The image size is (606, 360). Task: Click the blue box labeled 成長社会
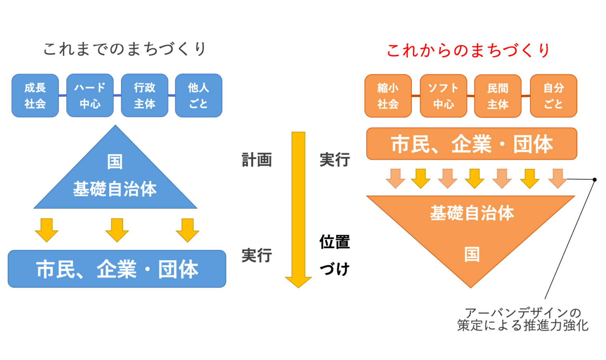[35, 96]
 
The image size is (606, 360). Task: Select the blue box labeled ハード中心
[90, 96]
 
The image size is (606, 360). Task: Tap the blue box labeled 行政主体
[144, 96]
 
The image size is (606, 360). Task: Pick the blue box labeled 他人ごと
[199, 96]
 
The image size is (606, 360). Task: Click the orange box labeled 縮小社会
[388, 96]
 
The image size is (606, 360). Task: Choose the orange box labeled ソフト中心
[443, 96]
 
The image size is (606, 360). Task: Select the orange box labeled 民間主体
[498, 96]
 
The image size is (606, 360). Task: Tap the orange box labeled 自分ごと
[554, 96]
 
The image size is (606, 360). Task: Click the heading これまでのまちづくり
[125, 49]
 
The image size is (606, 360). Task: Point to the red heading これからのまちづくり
[468, 51]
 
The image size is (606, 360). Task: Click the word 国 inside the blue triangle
[115, 161]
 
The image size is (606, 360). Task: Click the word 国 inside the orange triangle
[472, 255]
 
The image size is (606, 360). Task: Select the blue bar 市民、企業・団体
[117, 269]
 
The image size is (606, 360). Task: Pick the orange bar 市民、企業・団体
[472, 144]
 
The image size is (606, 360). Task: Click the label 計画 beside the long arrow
[257, 160]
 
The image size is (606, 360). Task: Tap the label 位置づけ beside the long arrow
[335, 255]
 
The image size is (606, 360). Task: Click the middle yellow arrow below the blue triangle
[117, 231]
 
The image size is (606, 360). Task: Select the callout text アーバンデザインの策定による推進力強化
[523, 319]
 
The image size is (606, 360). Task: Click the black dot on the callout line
[595, 180]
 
